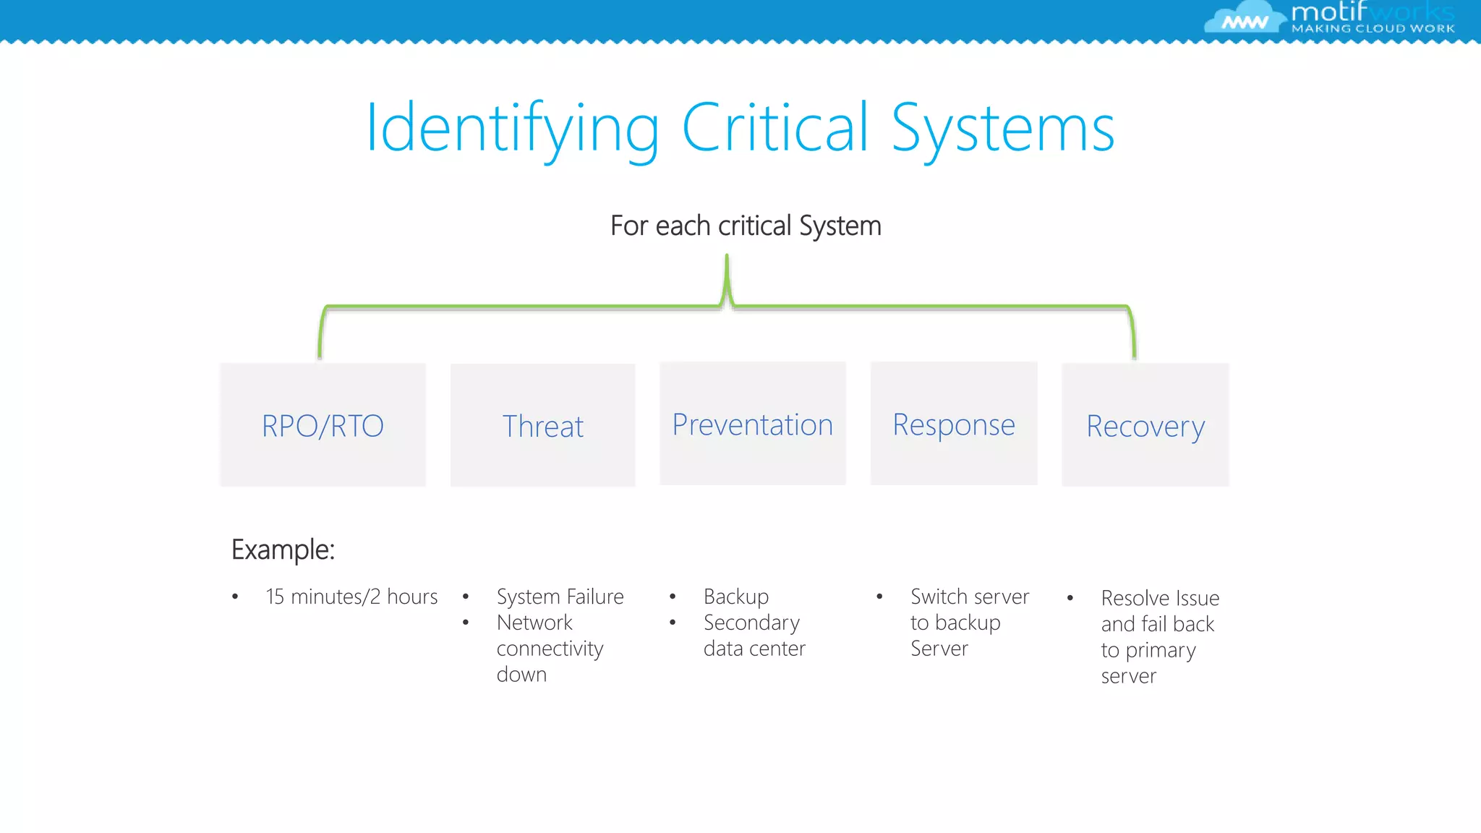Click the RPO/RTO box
click(x=323, y=425)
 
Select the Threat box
click(x=542, y=425)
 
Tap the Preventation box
click(x=752, y=424)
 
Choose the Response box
click(x=953, y=424)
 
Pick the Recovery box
click(x=1145, y=425)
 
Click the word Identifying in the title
click(x=512, y=129)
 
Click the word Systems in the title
click(x=1002, y=129)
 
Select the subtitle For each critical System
click(x=746, y=226)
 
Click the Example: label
click(x=283, y=550)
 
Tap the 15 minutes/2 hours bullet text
click(x=351, y=597)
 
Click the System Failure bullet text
click(x=560, y=597)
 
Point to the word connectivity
click(x=550, y=649)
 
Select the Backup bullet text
click(x=735, y=597)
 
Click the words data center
click(x=754, y=649)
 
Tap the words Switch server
click(x=969, y=597)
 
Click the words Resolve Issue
click(x=1160, y=598)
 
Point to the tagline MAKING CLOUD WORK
click(x=1373, y=29)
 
